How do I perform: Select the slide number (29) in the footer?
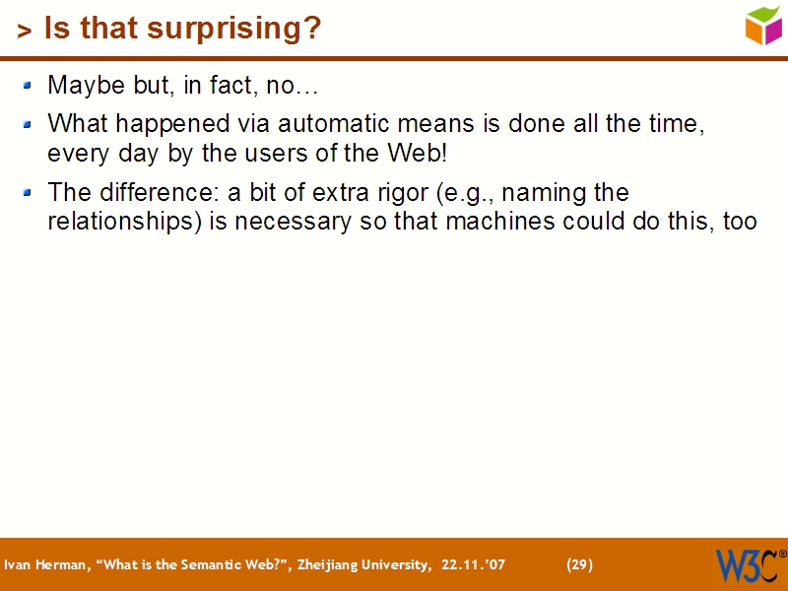(579, 565)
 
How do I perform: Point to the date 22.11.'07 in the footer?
(474, 565)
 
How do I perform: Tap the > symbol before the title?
(25, 32)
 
